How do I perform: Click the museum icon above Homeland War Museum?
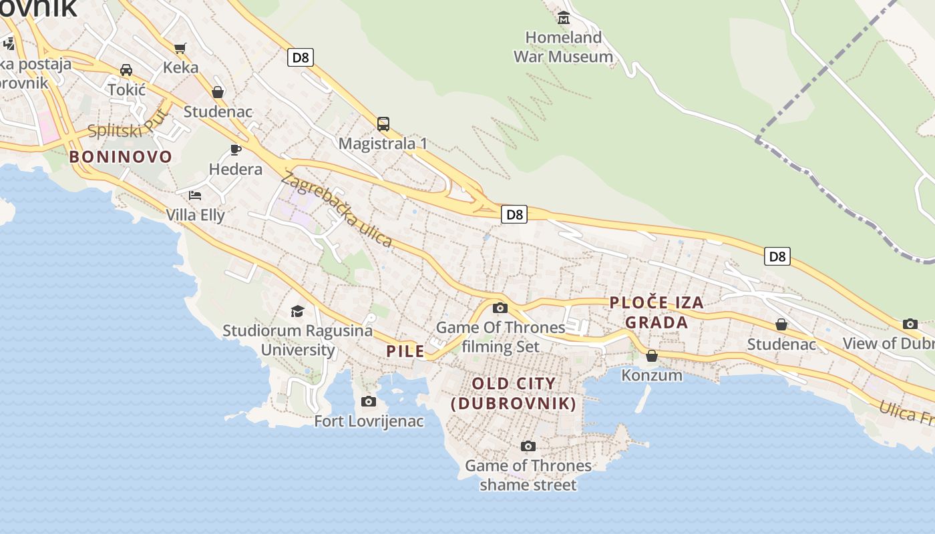point(564,17)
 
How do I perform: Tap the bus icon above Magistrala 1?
point(383,124)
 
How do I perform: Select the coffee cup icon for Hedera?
point(235,150)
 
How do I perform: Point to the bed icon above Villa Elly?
point(195,195)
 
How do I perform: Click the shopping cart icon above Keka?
point(179,47)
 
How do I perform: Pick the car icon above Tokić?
point(126,69)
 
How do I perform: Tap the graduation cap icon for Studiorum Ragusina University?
point(297,311)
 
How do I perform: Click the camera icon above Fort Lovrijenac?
point(368,401)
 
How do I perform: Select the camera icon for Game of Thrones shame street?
point(528,446)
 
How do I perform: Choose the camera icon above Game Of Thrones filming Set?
point(500,308)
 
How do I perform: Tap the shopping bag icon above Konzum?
point(652,356)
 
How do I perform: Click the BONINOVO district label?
point(121,157)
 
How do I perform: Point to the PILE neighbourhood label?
point(405,351)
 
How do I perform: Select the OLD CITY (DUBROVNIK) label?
point(514,393)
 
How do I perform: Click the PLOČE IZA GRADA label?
point(657,312)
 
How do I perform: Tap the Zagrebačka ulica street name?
point(337,210)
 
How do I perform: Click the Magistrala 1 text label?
point(383,144)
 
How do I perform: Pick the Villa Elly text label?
point(195,215)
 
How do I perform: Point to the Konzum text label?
point(652,375)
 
